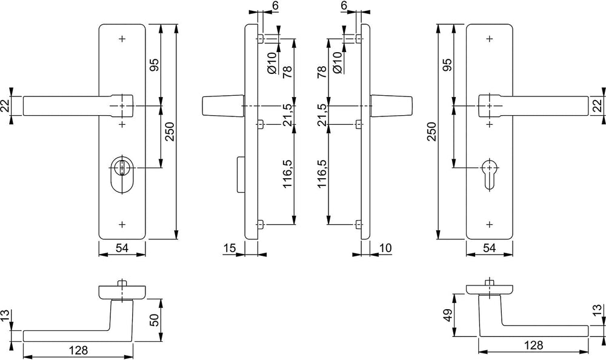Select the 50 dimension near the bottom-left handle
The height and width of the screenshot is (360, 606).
point(154,320)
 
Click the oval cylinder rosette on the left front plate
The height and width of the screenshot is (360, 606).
point(122,175)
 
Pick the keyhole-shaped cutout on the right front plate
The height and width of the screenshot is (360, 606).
point(489,173)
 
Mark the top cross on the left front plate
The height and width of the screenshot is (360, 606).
point(122,39)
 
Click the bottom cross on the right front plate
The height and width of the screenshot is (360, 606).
point(489,224)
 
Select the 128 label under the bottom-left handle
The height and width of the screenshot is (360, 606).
point(78,350)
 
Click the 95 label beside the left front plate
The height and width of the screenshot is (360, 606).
point(154,65)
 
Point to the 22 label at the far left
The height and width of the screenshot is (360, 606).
point(5,105)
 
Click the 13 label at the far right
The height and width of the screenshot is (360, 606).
point(598,310)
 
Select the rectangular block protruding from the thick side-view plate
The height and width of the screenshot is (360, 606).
point(239,174)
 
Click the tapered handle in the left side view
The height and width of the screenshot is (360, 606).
point(223,105)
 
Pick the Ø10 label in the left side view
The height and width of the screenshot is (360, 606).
point(271,62)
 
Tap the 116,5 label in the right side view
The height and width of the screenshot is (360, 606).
point(322,174)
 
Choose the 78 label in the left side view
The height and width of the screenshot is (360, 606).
point(287,72)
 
